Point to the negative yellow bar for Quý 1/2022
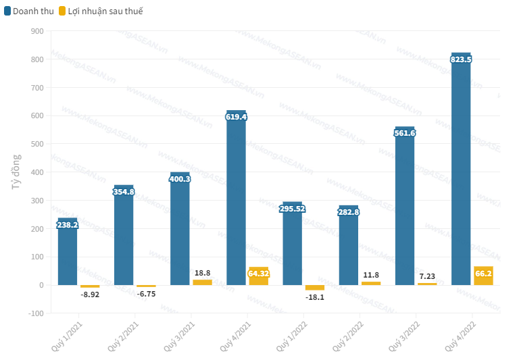click(x=315, y=288)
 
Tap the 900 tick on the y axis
click(x=37, y=31)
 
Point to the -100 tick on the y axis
click(x=36, y=313)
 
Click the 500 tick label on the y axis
click(x=37, y=144)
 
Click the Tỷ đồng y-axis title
click(x=16, y=172)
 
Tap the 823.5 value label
click(x=461, y=59)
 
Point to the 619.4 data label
click(x=237, y=117)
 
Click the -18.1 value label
click(x=315, y=297)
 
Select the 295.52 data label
click(x=293, y=209)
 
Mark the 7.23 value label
click(x=427, y=276)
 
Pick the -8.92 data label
click(x=91, y=294)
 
